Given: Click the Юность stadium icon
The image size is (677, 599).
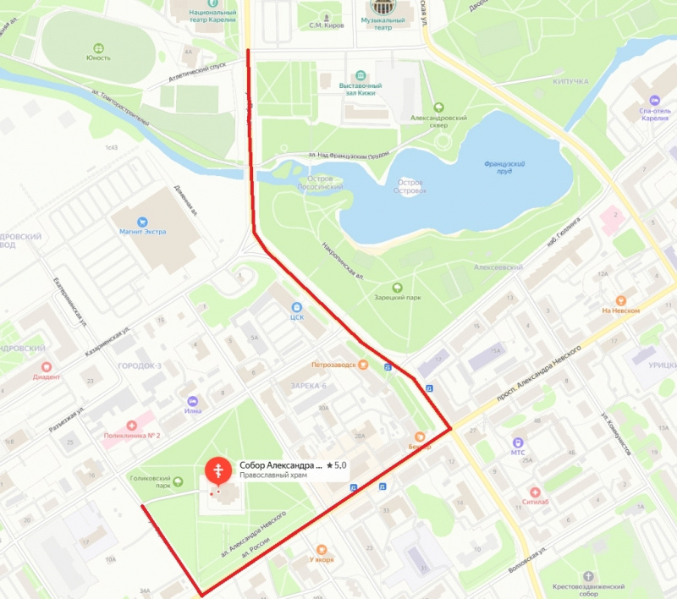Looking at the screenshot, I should [98, 47].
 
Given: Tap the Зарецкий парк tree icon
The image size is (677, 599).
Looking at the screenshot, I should [398, 287].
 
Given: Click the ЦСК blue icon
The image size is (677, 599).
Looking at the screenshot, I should [296, 307].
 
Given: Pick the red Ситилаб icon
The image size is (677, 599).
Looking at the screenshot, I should [534, 492].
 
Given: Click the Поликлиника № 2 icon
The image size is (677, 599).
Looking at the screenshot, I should [131, 425].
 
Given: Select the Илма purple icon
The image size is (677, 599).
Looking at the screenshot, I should [194, 401].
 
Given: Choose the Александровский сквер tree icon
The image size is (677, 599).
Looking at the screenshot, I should [438, 107].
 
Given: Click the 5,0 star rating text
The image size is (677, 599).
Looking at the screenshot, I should [336, 465].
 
